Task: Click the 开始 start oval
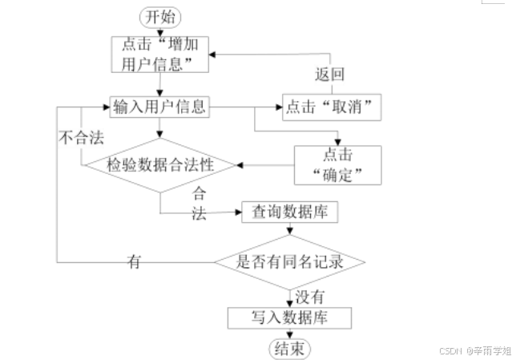tap(160, 16)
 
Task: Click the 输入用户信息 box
tap(160, 106)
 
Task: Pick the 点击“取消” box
tap(329, 106)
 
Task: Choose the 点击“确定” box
tap(335, 164)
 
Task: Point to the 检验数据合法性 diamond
tap(161, 165)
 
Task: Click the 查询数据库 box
tap(288, 212)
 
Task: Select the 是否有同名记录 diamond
tap(289, 261)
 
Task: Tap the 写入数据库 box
tap(289, 318)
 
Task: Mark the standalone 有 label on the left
tap(134, 261)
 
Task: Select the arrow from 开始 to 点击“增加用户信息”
tap(160, 30)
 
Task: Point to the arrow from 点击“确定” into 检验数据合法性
tap(264, 164)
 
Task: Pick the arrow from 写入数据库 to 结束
tap(289, 333)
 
